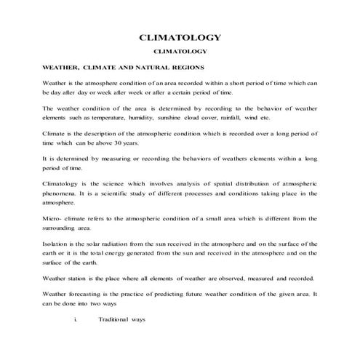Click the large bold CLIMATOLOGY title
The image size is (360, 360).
click(180, 37)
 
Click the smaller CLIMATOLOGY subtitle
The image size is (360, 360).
click(180, 52)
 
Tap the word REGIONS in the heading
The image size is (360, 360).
click(184, 68)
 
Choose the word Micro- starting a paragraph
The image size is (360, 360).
click(55, 219)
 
